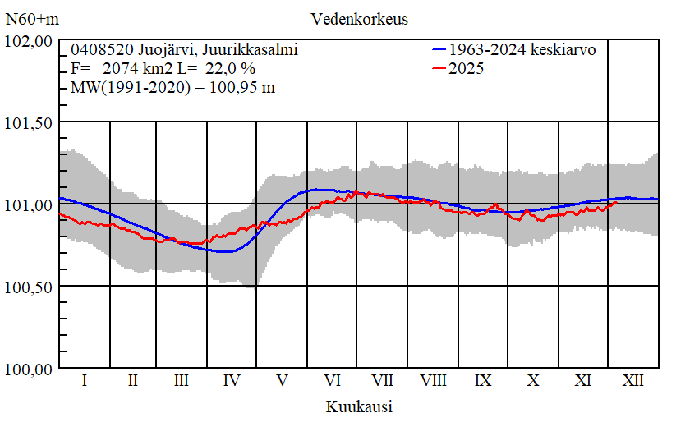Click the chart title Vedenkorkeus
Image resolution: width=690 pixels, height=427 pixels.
click(x=359, y=18)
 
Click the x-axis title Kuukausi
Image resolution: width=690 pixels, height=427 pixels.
click(x=358, y=406)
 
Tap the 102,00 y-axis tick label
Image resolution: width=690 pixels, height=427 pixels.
click(x=30, y=41)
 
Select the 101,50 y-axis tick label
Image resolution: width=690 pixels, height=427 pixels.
click(x=30, y=122)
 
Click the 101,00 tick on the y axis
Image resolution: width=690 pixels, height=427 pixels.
click(x=30, y=204)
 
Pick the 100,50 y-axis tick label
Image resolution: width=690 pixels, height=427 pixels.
click(x=30, y=286)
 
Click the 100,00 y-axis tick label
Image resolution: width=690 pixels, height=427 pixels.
click(x=30, y=368)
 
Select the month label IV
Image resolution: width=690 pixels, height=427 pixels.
click(x=232, y=381)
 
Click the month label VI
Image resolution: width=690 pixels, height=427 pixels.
click(x=333, y=381)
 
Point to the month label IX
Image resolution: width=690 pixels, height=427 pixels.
click(x=483, y=381)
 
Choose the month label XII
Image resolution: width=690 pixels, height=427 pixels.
click(x=633, y=381)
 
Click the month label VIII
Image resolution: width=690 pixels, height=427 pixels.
click(x=433, y=381)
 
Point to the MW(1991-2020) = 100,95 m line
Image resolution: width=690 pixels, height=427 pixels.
click(x=172, y=88)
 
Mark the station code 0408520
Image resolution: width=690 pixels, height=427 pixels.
click(x=96, y=50)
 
